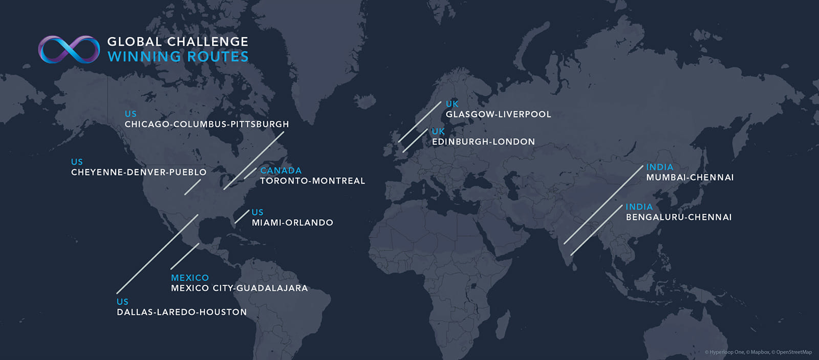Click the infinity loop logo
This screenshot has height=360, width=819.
click(69, 50)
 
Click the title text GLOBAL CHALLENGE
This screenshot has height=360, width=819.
click(178, 41)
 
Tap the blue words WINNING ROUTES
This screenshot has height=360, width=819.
click(178, 57)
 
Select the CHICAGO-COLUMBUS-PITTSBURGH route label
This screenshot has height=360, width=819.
click(207, 124)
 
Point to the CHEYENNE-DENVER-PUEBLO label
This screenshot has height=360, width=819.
click(139, 173)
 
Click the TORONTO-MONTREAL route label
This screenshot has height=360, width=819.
click(312, 181)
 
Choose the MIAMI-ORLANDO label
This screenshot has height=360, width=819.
click(292, 223)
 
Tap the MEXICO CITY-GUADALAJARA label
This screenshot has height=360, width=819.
click(240, 288)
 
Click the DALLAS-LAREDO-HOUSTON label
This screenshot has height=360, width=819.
click(182, 312)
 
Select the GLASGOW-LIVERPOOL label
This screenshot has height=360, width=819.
click(498, 115)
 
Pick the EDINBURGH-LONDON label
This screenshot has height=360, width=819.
click(483, 142)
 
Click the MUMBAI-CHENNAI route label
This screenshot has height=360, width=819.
click(689, 178)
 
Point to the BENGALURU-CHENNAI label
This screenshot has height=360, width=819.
click(679, 217)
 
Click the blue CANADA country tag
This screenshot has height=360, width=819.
click(281, 171)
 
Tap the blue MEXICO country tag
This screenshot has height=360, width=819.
click(190, 278)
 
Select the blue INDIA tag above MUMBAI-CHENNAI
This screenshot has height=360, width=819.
click(659, 167)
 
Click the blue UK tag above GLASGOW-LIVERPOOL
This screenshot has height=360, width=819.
click(452, 104)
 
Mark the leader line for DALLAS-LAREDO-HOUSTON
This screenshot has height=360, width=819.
click(157, 254)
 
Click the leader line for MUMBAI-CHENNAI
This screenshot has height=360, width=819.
click(604, 205)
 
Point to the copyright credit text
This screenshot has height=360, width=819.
click(758, 352)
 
